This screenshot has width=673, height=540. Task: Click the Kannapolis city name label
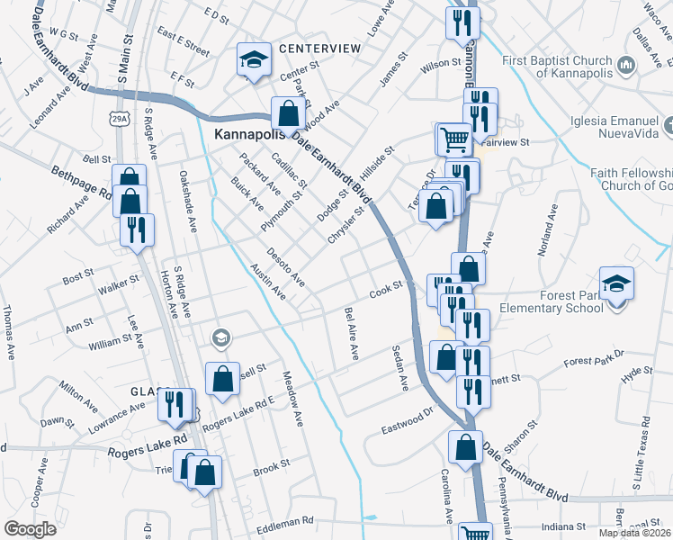(x=247, y=134)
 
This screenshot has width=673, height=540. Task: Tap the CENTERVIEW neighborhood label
(x=319, y=48)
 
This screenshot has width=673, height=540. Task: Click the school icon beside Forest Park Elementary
(x=616, y=284)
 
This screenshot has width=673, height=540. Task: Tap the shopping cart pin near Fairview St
(x=453, y=139)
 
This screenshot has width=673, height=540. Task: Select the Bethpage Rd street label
(x=81, y=181)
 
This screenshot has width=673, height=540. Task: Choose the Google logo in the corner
(x=31, y=529)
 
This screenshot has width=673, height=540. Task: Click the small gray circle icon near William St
(x=220, y=338)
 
